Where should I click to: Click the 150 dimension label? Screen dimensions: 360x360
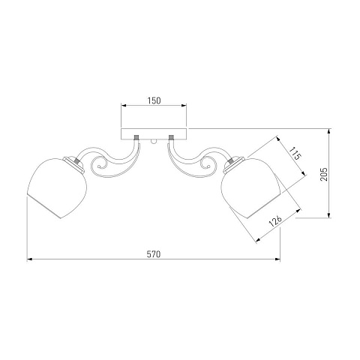154,100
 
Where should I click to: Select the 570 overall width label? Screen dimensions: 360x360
154,254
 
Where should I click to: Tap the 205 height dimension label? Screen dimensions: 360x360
323,174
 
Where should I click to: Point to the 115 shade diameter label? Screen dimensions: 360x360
295,153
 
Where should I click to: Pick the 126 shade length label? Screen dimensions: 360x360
275,220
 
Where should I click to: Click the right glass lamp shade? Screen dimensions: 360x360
252,187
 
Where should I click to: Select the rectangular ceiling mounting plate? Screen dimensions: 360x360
154,134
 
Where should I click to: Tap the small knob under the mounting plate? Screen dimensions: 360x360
154,142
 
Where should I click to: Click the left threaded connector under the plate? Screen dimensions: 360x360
136,137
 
